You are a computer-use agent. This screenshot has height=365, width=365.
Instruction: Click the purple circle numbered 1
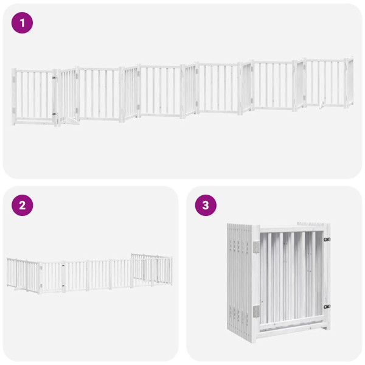(23, 23)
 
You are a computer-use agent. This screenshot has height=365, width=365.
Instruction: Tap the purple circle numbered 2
(23, 205)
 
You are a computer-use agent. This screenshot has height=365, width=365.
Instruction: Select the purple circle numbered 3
(206, 205)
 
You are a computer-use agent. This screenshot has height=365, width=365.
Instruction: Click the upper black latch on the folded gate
(327, 239)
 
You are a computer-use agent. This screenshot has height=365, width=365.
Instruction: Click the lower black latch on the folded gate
(327, 307)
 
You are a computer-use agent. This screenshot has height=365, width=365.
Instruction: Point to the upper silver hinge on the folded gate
(255, 247)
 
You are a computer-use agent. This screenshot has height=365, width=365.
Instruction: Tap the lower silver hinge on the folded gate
(255, 311)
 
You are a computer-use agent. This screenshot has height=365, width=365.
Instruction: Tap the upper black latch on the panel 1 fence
(54, 77)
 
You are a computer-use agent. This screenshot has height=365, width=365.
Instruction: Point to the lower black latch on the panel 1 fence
(54, 114)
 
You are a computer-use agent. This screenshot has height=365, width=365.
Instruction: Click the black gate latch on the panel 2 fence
(63, 265)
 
